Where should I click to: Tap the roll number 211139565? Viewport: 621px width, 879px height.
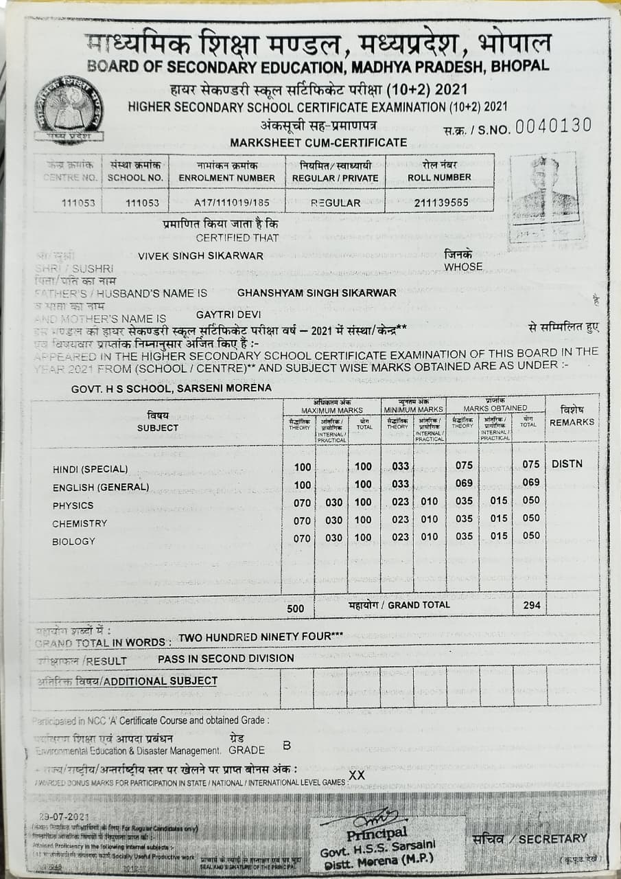click(442, 203)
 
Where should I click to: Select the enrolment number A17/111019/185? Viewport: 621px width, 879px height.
click(226, 203)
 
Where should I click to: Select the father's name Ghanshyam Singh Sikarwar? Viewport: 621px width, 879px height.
click(316, 293)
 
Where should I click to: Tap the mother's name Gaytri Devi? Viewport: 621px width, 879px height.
click(229, 315)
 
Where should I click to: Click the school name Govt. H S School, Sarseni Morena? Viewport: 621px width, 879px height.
click(171, 389)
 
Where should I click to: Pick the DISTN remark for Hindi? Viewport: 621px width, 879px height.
click(567, 464)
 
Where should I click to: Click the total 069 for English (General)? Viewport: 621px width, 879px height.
click(530, 483)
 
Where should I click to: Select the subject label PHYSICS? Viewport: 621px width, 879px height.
click(73, 505)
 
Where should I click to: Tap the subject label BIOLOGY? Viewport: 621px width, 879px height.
click(73, 542)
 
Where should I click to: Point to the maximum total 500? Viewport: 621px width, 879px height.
click(295, 608)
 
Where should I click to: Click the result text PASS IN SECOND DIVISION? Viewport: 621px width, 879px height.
click(226, 658)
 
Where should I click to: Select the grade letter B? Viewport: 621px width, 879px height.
click(287, 746)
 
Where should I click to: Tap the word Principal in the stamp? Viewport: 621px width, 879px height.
click(377, 834)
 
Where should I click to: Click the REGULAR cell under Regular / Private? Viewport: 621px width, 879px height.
click(336, 203)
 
